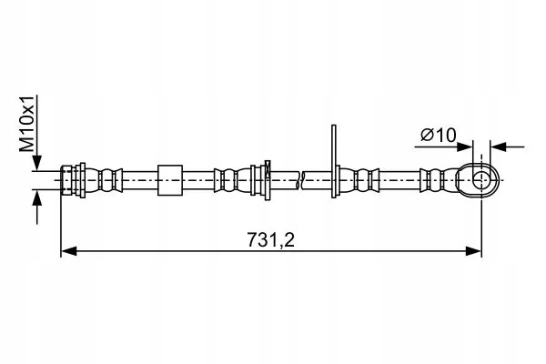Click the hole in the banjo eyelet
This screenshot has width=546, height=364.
(480, 178)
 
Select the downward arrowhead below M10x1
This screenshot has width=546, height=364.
(36, 164)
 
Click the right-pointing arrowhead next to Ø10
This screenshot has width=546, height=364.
(465, 145)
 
